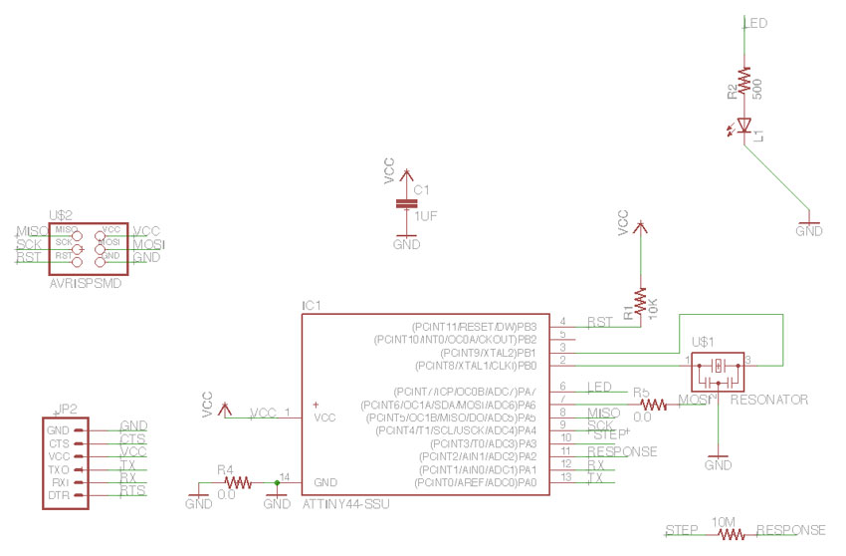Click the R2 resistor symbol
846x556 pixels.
743,79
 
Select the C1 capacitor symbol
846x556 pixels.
405,203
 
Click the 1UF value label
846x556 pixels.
426,216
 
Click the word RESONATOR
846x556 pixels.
768,400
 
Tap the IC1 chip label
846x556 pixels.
312,306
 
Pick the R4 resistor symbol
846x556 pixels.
225,484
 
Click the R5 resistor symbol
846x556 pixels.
654,405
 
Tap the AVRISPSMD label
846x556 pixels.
84,283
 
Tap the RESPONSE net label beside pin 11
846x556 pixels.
622,451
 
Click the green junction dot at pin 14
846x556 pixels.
277,484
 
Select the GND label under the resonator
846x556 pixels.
718,465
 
